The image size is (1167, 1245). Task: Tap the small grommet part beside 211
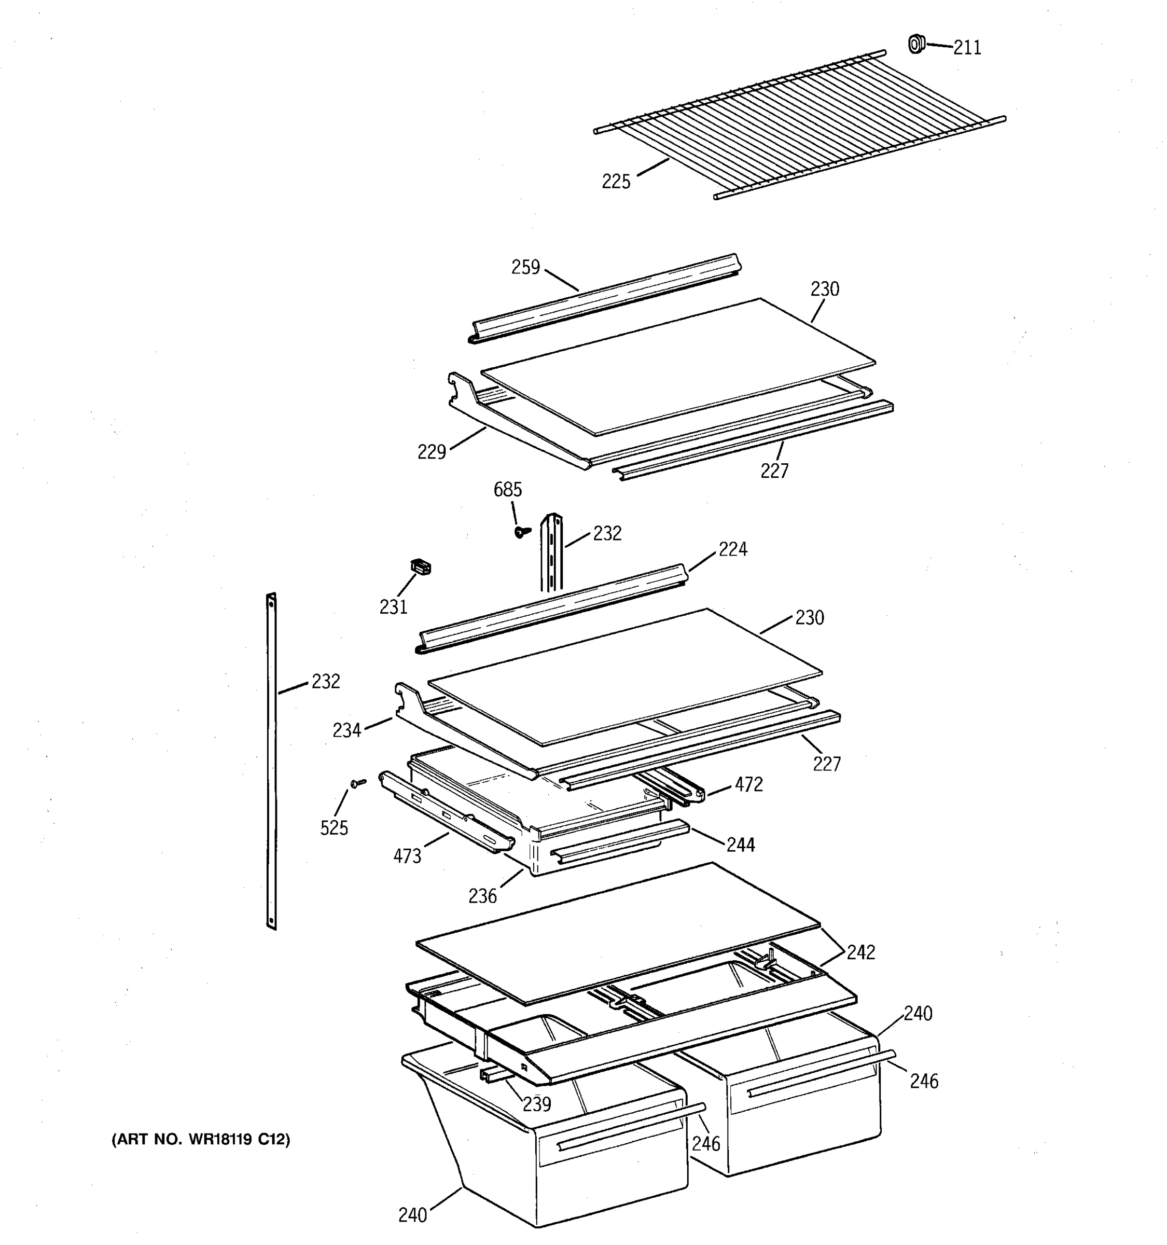[x=916, y=44]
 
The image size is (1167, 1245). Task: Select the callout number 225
[x=616, y=182]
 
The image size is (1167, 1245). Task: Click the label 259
[x=525, y=267]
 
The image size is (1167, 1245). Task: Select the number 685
[x=507, y=490]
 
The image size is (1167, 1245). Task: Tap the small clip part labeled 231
[x=421, y=567]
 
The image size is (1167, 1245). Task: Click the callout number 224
[x=732, y=549]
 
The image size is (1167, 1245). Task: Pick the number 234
[x=347, y=730]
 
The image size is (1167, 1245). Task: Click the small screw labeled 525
[x=358, y=783]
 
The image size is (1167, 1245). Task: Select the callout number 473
[x=407, y=856]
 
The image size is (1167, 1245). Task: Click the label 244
[x=741, y=845]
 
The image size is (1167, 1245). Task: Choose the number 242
[x=861, y=952]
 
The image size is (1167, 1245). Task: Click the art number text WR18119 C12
[x=200, y=1140]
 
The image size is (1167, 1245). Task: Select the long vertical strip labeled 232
[x=271, y=761]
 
